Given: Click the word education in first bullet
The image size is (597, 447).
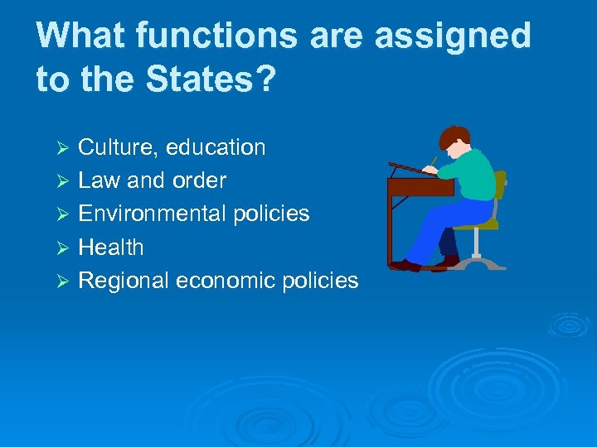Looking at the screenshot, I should (x=216, y=147).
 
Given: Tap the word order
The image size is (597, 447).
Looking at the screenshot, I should (x=199, y=180).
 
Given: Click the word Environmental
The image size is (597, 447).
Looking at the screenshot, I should (x=152, y=214).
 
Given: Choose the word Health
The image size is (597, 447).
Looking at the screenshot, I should (x=111, y=247).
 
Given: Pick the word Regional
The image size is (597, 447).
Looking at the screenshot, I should (x=123, y=281).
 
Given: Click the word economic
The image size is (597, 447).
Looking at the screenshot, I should (x=223, y=281).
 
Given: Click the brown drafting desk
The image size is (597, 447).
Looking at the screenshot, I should (x=419, y=187).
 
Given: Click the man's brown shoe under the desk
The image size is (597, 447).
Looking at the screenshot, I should (x=406, y=265).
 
